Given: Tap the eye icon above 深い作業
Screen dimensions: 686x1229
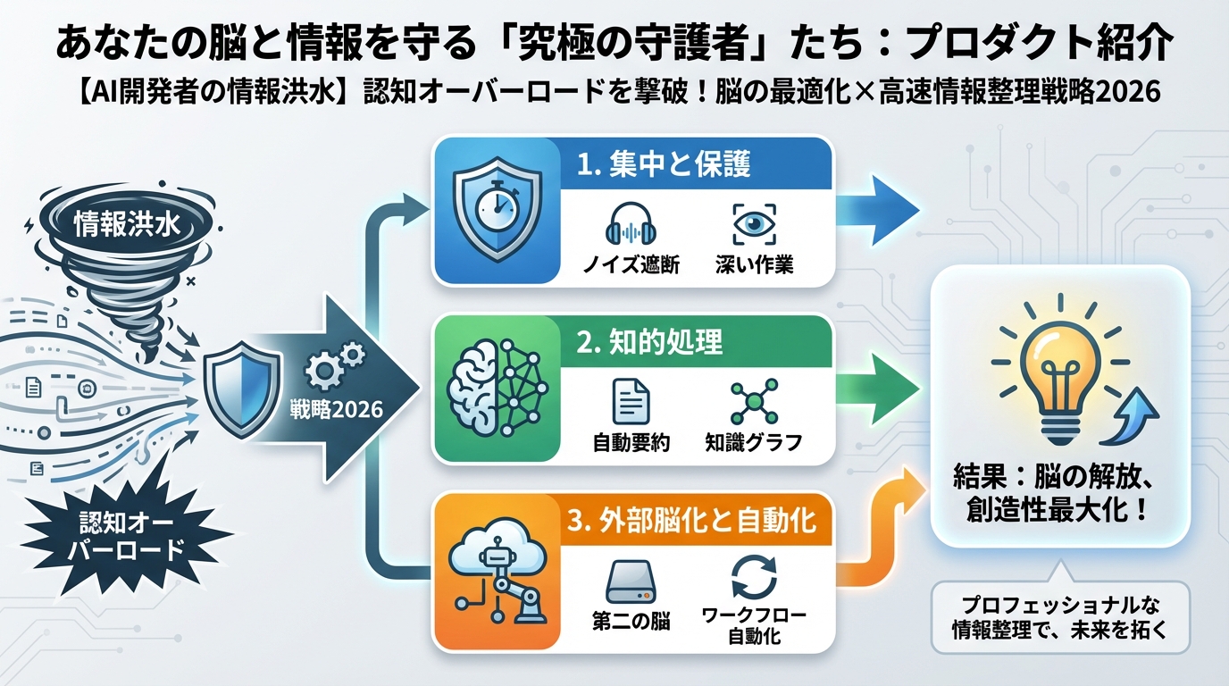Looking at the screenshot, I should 754,223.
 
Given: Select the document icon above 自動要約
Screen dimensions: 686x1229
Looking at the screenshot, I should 631,401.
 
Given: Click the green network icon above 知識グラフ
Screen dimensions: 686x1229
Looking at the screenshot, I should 754,401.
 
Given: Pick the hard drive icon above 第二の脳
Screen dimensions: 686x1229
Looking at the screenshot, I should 631,581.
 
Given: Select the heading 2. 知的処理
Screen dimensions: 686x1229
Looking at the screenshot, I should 649,341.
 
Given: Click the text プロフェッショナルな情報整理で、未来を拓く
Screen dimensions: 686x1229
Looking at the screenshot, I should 1060,615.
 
